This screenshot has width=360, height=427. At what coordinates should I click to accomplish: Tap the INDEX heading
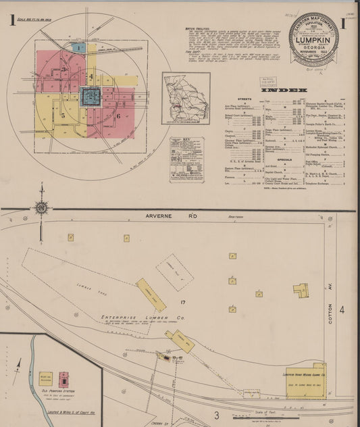[288, 90]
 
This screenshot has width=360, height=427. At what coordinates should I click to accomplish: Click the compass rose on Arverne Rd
[42, 207]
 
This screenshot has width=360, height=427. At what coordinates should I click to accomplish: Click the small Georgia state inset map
[186, 98]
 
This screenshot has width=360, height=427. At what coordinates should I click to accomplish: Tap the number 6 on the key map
[118, 116]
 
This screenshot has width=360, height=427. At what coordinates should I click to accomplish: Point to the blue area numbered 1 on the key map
[79, 48]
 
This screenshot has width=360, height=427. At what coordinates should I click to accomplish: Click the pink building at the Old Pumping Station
[63, 378]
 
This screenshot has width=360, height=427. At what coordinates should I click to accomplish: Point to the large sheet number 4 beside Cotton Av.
[342, 310]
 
